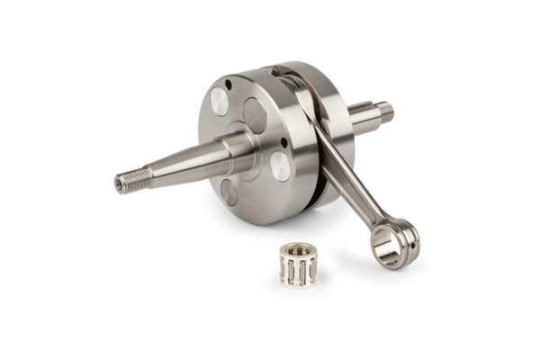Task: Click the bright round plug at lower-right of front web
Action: point(280,166)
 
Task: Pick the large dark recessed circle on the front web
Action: point(255,115)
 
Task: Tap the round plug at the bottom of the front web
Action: point(229,191)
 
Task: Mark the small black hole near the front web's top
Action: point(229,85)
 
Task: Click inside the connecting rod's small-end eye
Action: point(391,243)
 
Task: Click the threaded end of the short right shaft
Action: point(385,112)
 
